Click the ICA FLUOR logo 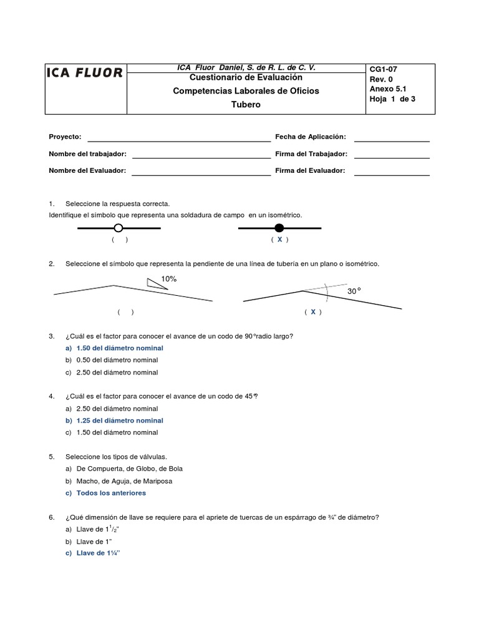(x=85, y=73)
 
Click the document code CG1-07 (x=384, y=69)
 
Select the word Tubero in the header (x=246, y=105)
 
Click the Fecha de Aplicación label (x=310, y=137)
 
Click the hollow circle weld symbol (x=118, y=228)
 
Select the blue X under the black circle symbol (x=280, y=240)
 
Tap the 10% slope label (x=169, y=279)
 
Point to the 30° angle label (x=354, y=291)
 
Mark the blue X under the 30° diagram (x=313, y=312)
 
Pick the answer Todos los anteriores (x=110, y=493)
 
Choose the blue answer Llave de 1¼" (x=97, y=554)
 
